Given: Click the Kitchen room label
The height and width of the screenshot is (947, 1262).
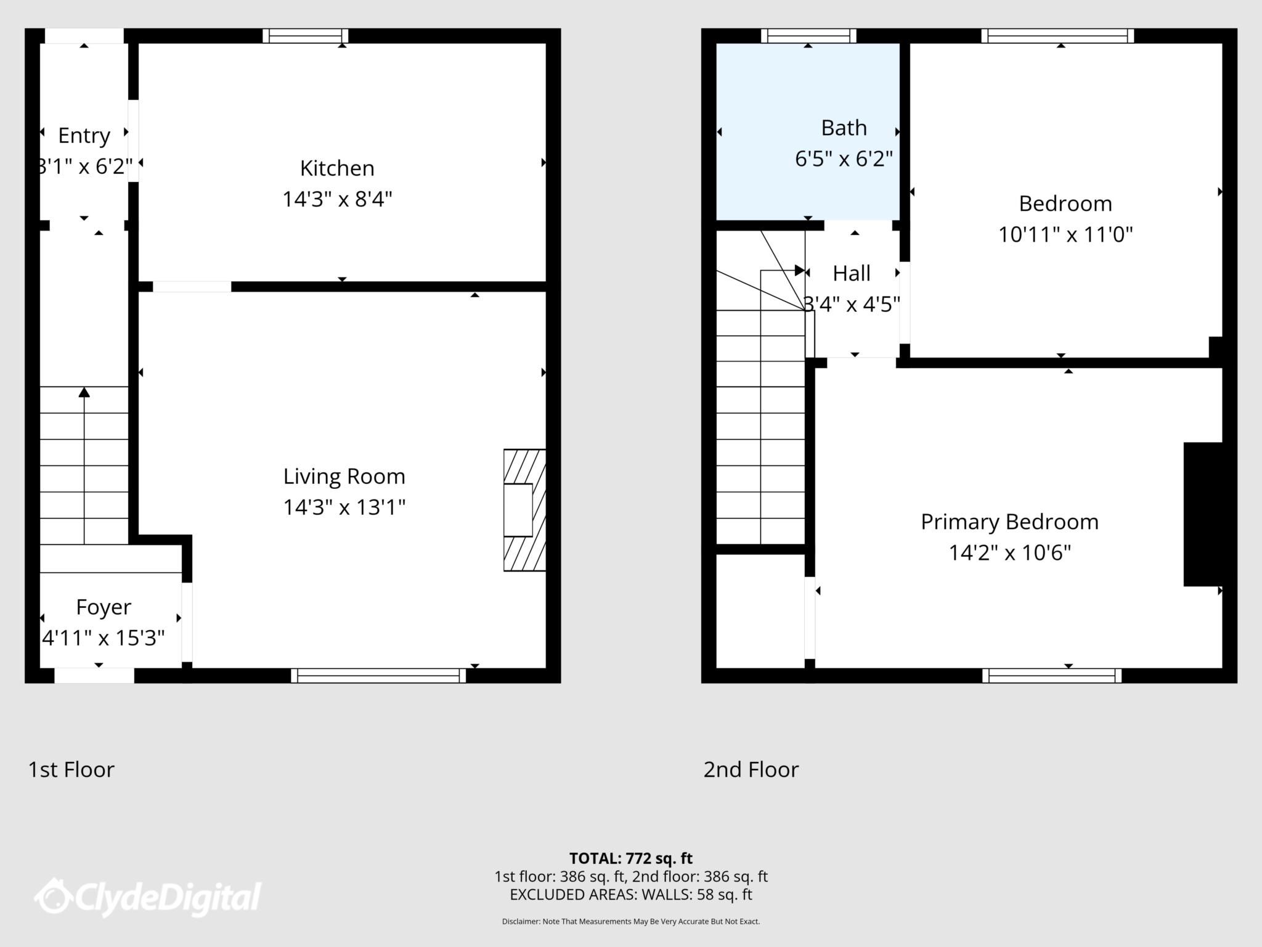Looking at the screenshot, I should click(x=337, y=168).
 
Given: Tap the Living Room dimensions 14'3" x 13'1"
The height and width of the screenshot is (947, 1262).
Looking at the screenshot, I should click(x=344, y=507).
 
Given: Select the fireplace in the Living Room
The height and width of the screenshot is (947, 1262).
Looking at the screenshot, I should click(x=524, y=510).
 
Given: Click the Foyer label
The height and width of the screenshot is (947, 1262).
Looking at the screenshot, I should click(x=104, y=607).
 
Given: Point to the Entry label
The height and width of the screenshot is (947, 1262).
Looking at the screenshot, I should click(x=84, y=136).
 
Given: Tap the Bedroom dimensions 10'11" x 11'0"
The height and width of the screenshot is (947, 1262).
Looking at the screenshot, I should click(x=1065, y=235).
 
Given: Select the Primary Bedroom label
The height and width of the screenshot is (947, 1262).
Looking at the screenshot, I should click(x=1009, y=522).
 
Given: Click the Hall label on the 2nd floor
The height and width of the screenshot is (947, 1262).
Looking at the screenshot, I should click(x=852, y=274).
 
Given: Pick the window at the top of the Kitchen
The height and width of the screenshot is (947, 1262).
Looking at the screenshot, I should click(x=306, y=36).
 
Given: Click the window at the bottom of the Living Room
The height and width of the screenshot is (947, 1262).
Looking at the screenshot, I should click(x=378, y=676).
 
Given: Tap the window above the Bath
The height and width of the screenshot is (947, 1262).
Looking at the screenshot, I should click(x=808, y=36).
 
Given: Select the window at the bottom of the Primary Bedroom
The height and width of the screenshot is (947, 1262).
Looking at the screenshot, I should click(x=1052, y=676).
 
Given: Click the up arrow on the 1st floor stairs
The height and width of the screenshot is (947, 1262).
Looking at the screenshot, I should click(x=84, y=393).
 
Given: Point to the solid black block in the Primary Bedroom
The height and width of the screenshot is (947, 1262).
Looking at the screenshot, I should click(x=1202, y=514).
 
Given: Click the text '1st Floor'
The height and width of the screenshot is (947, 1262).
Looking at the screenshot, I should click(x=71, y=770).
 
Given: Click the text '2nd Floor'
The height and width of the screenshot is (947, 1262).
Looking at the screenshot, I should click(x=751, y=770).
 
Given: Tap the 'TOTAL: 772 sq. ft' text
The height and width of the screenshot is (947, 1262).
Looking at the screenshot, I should click(x=630, y=858).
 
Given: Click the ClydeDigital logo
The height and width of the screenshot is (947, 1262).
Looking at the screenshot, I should click(x=148, y=897).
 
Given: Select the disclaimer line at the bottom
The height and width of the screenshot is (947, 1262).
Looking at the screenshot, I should click(x=630, y=922).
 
